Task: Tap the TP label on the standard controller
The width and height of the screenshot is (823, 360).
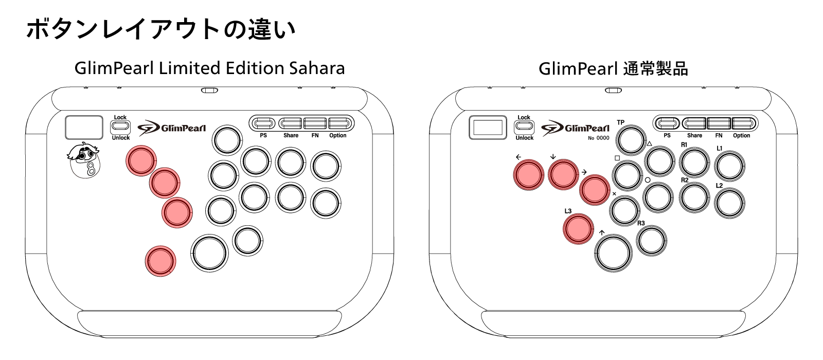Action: [620, 122]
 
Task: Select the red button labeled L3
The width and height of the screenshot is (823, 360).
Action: [578, 229]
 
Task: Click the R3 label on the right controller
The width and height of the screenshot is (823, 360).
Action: [641, 223]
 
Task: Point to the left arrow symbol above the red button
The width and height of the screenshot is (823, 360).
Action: [518, 157]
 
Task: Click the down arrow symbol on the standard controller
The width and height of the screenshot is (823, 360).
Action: [553, 156]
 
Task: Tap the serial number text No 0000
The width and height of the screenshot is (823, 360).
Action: [599, 138]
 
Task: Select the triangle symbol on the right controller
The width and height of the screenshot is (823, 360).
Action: [649, 143]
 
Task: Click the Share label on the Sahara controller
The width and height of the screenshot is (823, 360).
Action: [291, 136]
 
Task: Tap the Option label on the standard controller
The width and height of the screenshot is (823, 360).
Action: [741, 136]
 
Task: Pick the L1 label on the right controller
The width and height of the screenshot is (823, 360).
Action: [720, 149]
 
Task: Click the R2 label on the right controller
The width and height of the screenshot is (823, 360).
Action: [685, 180]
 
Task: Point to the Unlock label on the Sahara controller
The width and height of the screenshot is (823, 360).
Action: [121, 138]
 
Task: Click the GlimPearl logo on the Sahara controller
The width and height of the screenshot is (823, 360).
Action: [172, 128]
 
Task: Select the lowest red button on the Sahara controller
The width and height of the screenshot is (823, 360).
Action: [160, 261]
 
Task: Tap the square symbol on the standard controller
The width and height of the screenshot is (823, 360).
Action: [617, 158]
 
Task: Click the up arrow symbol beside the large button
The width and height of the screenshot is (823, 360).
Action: [601, 232]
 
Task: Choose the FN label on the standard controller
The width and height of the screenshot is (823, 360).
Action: [719, 136]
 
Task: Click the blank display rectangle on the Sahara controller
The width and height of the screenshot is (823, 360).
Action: [84, 128]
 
